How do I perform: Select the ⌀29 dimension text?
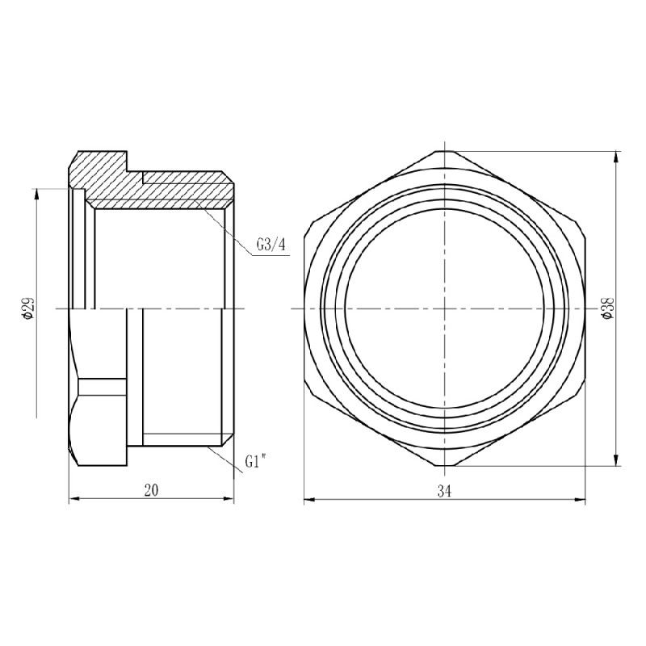(x=29, y=308)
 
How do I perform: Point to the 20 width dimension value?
(x=151, y=491)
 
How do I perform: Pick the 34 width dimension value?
(x=444, y=491)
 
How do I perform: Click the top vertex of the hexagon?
(x=444, y=151)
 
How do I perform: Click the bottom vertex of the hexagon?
(x=444, y=466)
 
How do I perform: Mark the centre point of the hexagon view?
(x=444, y=308)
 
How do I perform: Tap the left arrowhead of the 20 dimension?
(x=72, y=501)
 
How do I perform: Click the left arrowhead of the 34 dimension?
(x=308, y=501)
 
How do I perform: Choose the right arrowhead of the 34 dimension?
(x=581, y=501)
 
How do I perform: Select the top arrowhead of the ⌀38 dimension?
(x=617, y=155)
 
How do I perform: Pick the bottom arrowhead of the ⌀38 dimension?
(x=617, y=462)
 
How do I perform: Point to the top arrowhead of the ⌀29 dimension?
(x=36, y=192)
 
